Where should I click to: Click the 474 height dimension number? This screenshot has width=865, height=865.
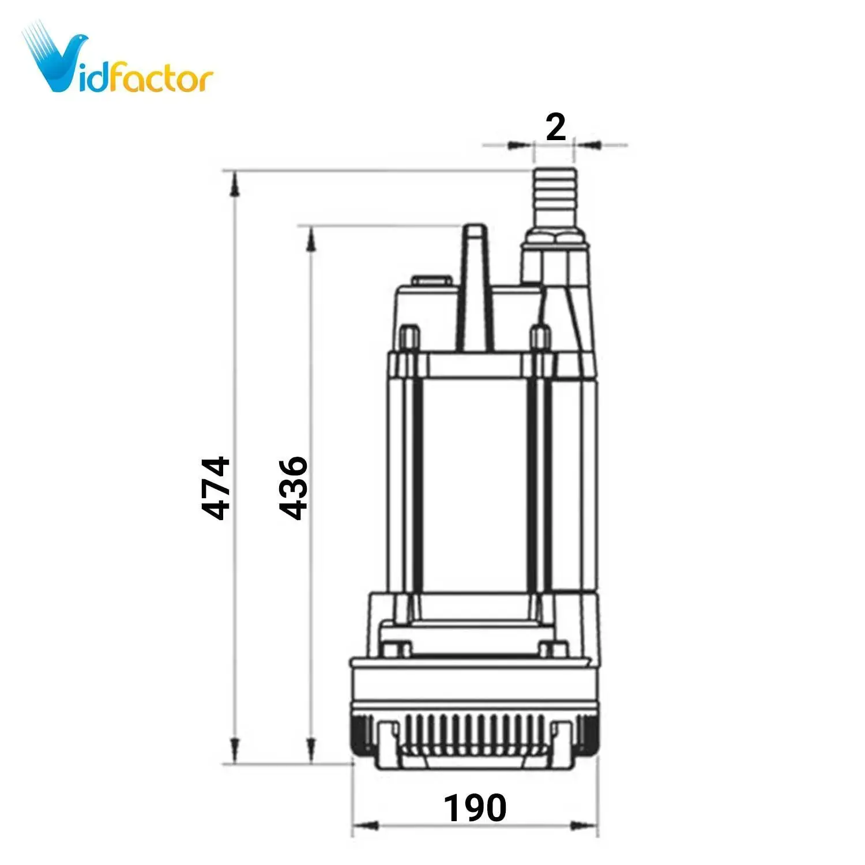216,488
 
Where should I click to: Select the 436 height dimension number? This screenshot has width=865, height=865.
293,488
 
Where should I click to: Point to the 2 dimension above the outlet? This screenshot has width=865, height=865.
555,127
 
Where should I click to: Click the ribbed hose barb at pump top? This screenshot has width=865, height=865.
555,198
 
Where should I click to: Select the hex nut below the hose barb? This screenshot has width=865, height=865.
555,239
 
